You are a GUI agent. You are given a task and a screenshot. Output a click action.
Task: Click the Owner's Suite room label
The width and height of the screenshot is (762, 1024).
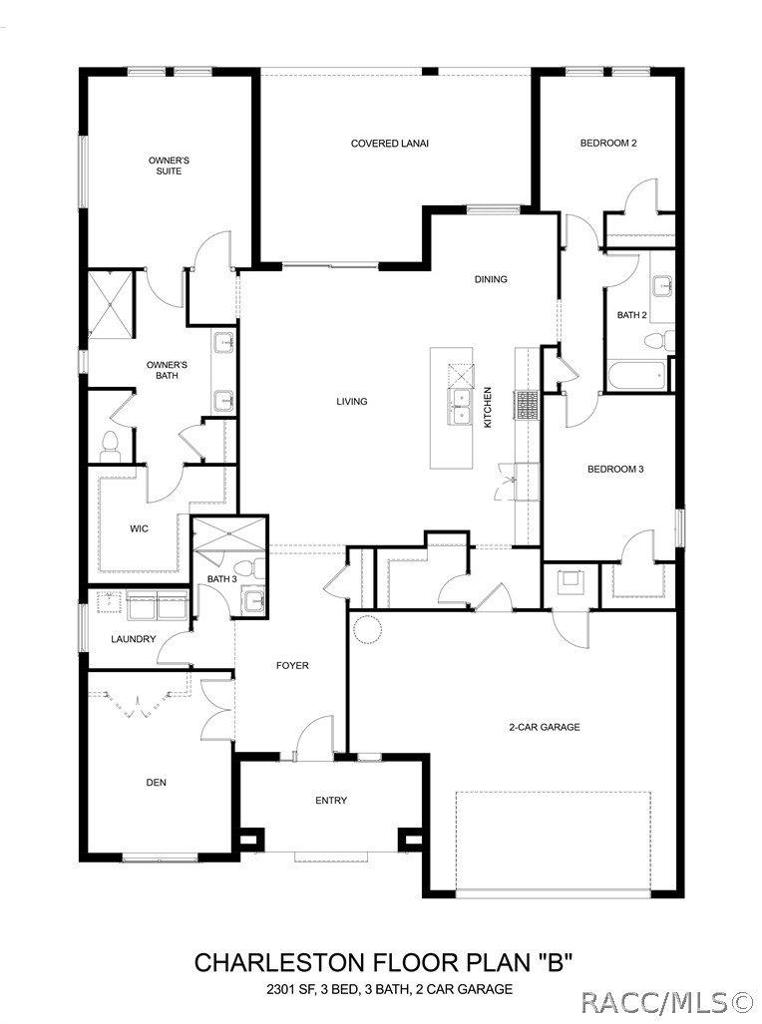[x=169, y=166]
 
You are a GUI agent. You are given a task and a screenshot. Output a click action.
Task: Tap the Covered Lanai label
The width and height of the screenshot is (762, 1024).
[x=390, y=144]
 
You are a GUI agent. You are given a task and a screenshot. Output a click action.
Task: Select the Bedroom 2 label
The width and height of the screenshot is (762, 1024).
[x=608, y=143]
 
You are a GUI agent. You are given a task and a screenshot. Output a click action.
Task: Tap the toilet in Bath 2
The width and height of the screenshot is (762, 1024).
[x=658, y=341]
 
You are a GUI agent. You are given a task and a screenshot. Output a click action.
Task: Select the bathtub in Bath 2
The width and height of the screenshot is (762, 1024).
[x=636, y=376]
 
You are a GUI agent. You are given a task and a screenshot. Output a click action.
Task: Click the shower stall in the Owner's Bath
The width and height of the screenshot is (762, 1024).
[x=111, y=304]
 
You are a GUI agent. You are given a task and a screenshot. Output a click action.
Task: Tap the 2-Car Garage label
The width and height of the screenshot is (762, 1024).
[x=544, y=727]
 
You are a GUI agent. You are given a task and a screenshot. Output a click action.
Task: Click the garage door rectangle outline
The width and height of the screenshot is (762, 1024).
[x=554, y=839]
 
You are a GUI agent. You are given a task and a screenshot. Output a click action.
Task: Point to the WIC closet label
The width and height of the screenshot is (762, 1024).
[x=139, y=528]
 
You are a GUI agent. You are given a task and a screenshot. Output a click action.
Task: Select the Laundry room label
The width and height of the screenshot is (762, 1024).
[x=134, y=639]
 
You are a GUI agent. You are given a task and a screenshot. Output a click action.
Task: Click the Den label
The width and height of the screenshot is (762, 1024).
[x=157, y=783]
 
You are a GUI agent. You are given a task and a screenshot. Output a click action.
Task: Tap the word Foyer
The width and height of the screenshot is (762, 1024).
[x=292, y=665]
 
